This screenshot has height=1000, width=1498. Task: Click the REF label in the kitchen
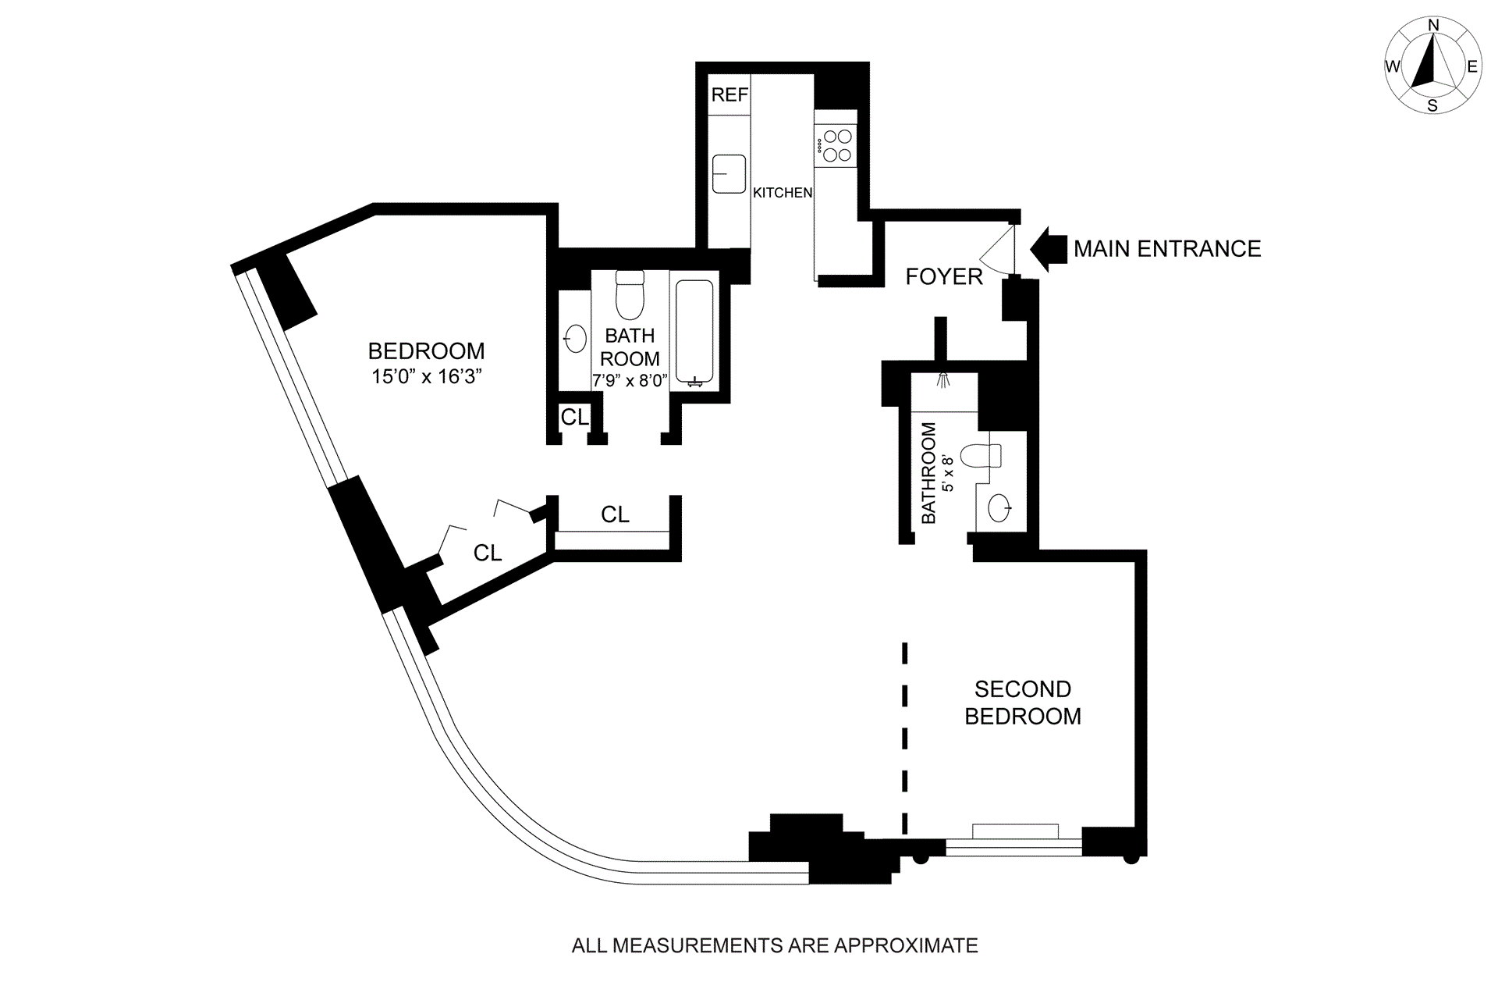click(729, 94)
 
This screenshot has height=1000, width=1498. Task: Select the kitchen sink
click(729, 173)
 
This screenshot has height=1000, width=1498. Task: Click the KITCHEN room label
click(783, 193)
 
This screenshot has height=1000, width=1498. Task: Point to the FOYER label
click(944, 276)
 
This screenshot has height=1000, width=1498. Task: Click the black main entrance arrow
click(1049, 248)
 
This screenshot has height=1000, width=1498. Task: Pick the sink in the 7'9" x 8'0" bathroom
click(576, 339)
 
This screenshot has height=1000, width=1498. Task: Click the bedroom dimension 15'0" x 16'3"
click(427, 377)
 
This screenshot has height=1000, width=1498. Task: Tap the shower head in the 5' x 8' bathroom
click(944, 379)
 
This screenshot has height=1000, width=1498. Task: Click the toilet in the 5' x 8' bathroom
click(980, 455)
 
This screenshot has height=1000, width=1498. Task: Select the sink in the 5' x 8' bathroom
click(999, 508)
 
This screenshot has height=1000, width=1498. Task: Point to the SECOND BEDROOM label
click(1023, 703)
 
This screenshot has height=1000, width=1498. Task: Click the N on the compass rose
click(1433, 26)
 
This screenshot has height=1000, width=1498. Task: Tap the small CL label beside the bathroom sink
click(575, 418)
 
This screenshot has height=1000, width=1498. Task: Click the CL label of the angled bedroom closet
click(488, 553)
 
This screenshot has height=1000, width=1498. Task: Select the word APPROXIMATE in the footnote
click(906, 946)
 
